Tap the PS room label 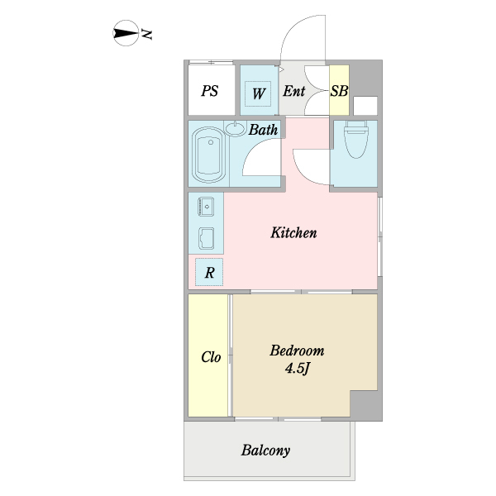(210, 91)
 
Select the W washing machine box (258, 92)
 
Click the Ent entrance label (293, 91)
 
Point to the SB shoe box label (339, 91)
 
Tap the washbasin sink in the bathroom (236, 128)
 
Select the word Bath (263, 130)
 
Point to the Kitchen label (293, 233)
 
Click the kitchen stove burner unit (206, 204)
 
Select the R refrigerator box (210, 271)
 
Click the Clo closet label (211, 358)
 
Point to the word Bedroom (297, 351)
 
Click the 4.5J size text (298, 368)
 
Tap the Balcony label (265, 451)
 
